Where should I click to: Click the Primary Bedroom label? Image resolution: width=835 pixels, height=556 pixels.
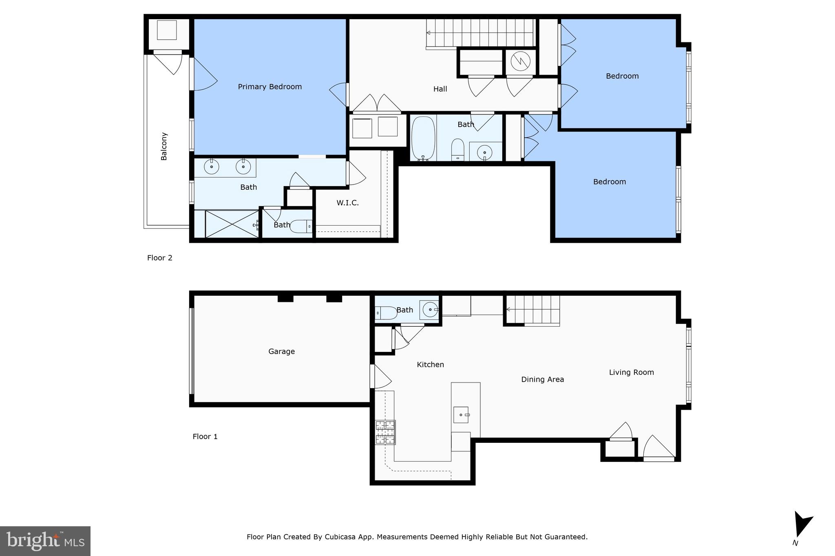tap(269, 87)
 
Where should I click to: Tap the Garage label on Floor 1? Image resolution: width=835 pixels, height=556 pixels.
tap(281, 352)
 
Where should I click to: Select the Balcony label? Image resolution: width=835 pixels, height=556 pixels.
tap(164, 146)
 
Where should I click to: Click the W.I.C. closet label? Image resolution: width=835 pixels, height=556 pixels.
tap(347, 203)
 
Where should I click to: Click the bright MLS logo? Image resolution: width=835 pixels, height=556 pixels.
tap(45, 541)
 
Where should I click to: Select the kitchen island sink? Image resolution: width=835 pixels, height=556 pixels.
tap(461, 415)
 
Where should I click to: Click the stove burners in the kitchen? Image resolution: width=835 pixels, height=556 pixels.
tap(385, 432)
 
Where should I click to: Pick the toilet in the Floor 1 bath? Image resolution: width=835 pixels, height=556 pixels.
tap(385, 313)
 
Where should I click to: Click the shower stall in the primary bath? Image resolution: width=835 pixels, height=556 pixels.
tap(232, 224)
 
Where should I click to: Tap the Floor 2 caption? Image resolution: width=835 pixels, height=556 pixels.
tap(159, 258)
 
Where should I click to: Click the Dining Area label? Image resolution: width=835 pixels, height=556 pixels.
tap(542, 380)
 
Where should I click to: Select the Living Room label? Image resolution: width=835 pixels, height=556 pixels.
tap(631, 372)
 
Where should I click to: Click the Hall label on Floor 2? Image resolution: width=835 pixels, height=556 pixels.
tap(440, 89)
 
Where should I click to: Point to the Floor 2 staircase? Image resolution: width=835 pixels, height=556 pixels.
tap(480, 33)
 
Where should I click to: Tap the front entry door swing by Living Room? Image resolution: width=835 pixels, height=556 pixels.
tap(658, 448)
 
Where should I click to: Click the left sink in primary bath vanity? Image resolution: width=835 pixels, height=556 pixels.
tap(211, 167)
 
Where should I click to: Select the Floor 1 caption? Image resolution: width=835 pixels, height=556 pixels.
tap(205, 437)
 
